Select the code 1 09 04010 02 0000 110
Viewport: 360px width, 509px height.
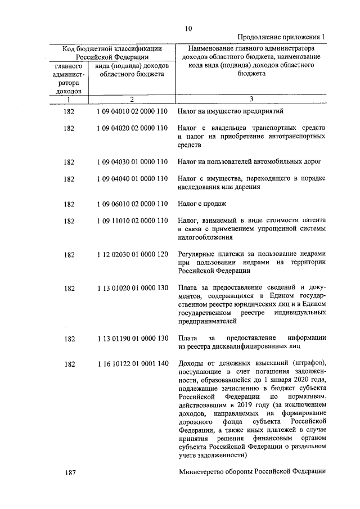(x=132, y=111)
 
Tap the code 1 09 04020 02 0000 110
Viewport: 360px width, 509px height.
(x=132, y=128)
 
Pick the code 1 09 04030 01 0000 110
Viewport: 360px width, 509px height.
(x=132, y=162)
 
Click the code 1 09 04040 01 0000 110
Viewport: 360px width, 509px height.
(x=132, y=179)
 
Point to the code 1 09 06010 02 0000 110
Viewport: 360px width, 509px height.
(x=132, y=204)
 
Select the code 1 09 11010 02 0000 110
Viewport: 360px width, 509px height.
(x=132, y=220)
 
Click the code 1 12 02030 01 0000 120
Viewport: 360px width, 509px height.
(x=132, y=254)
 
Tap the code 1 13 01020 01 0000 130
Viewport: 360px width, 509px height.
(x=132, y=288)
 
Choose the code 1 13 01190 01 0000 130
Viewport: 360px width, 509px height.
(x=132, y=338)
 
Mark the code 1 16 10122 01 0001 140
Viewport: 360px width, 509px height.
(x=132, y=363)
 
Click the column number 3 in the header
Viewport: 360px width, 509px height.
(x=251, y=100)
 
